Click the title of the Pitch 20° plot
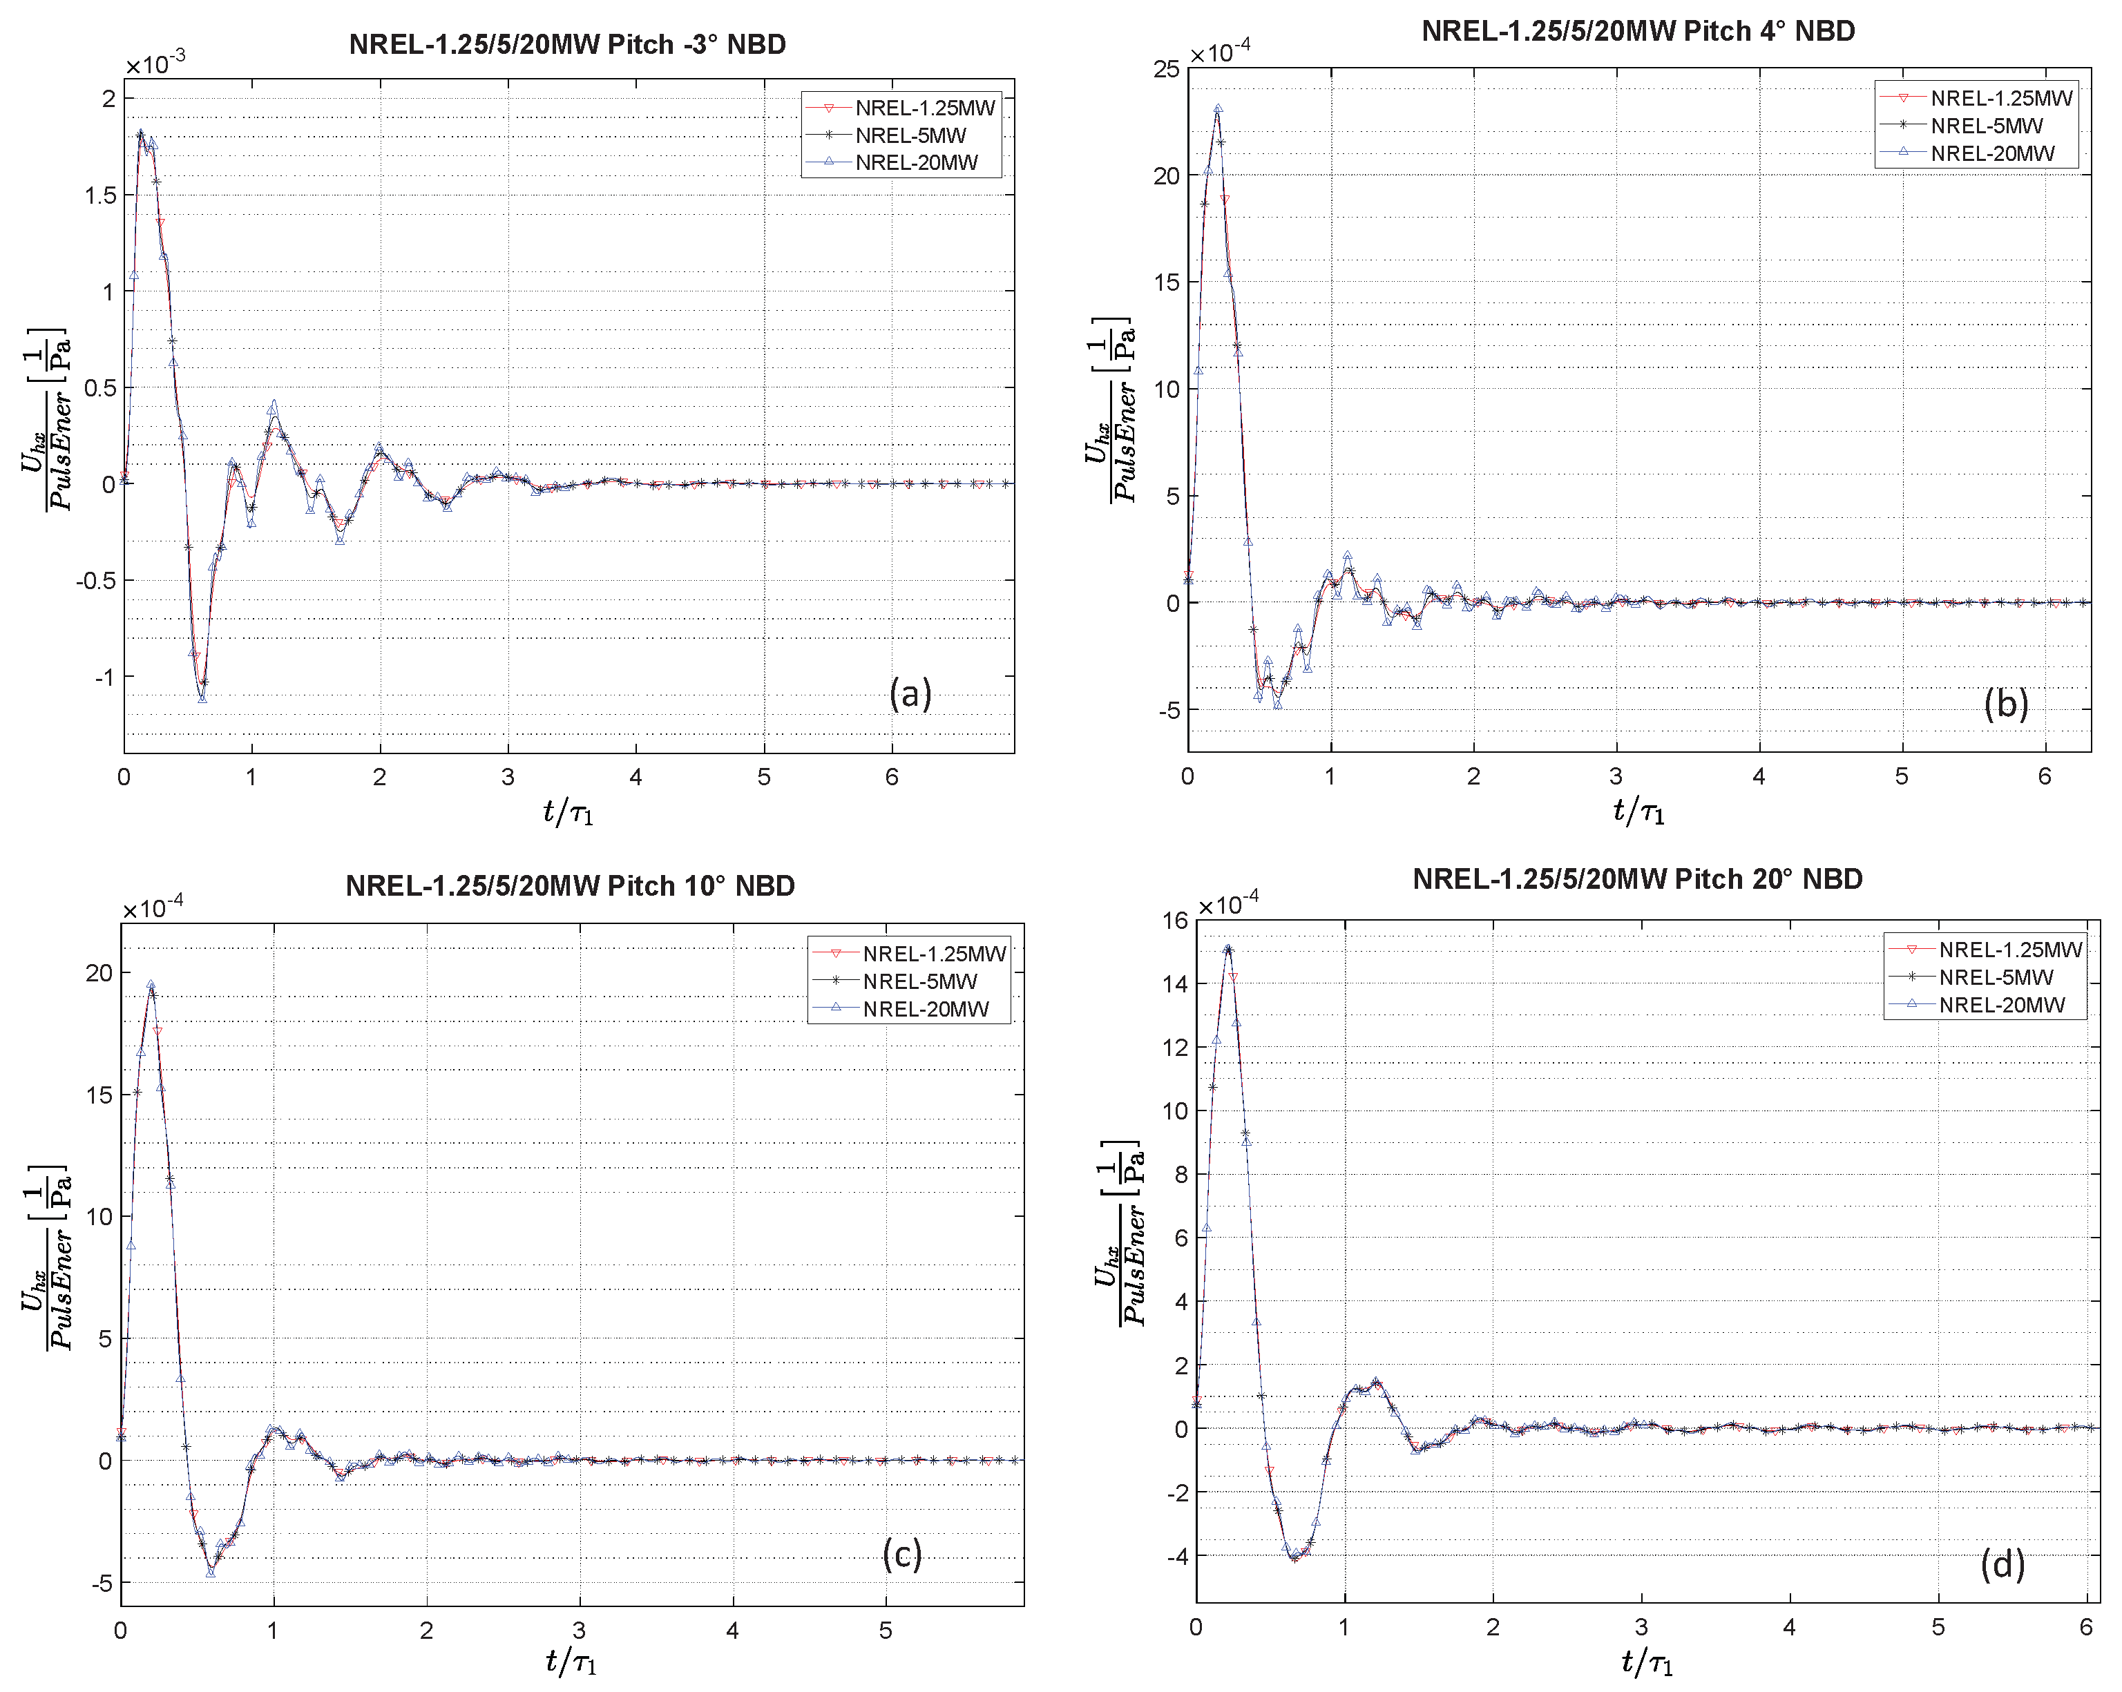(1637, 879)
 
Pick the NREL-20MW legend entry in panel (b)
(1992, 153)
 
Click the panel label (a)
(910, 694)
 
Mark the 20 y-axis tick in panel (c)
(99, 972)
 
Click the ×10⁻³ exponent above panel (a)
(155, 65)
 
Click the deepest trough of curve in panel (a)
(202, 697)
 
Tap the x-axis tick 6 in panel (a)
(892, 778)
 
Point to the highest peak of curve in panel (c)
(151, 984)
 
